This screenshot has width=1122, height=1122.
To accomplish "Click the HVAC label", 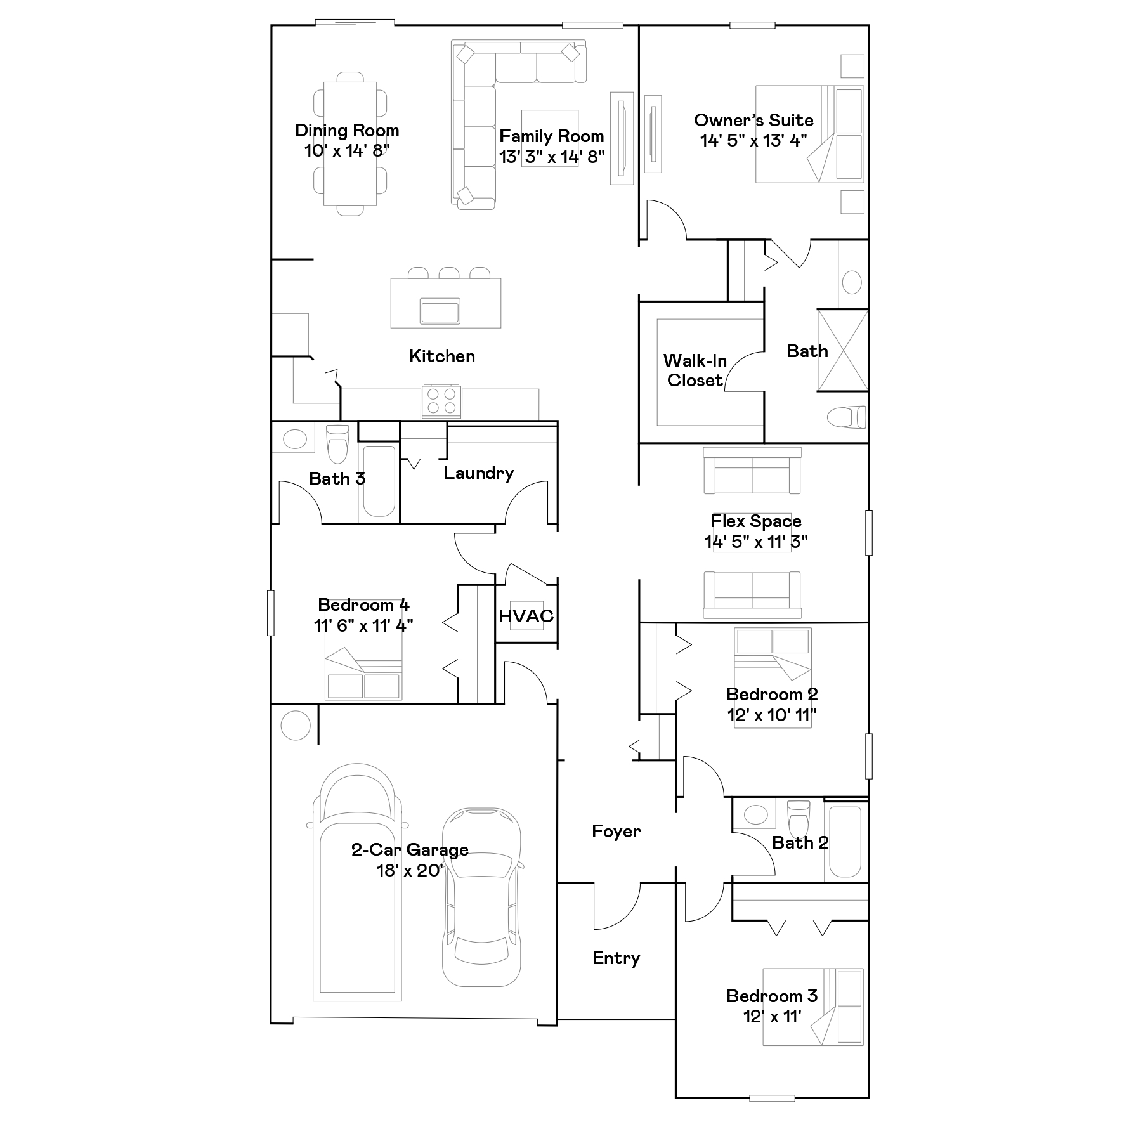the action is pos(526,616).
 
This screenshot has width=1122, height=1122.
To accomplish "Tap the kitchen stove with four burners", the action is pos(441,401).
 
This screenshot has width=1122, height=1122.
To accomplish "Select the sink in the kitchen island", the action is pos(440,311).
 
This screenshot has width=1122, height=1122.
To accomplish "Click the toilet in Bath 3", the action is pos(337,444).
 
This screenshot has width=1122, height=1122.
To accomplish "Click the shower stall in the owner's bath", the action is pos(842,350).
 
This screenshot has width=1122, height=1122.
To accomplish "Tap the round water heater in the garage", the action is pos(296,724).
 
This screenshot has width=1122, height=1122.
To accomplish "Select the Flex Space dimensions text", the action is pos(756,542).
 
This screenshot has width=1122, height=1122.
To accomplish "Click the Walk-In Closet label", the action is pos(695,370).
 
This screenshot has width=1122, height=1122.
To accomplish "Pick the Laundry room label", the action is pos(478,473).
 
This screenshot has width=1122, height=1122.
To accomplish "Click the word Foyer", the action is pos(616,832).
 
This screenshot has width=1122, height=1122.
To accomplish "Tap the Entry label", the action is pos(616,958).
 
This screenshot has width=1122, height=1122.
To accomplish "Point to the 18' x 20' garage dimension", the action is pos(410,870).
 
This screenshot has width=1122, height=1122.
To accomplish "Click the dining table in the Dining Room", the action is pos(350,143).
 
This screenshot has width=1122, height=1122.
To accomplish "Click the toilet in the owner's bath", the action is pos(847,417).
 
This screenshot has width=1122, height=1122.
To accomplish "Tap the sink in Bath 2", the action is pos(755,814).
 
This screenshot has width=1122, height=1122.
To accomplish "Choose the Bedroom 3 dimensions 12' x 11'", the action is pos(772,1016).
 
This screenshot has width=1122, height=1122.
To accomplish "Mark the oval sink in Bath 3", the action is pos(294,440).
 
